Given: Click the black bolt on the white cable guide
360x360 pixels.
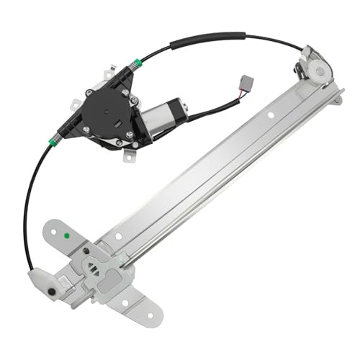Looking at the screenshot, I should point(51,292).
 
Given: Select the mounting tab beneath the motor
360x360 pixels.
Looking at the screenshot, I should point(127,153).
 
